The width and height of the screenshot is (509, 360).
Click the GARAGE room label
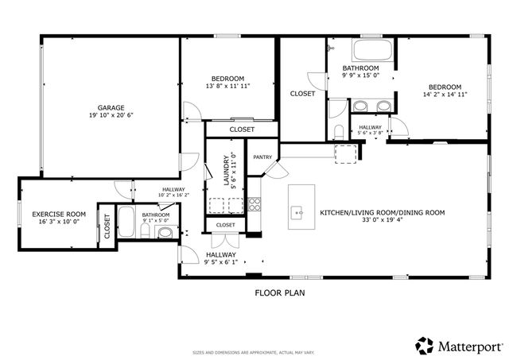(110, 107)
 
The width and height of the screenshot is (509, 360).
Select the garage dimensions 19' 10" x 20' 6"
(110, 116)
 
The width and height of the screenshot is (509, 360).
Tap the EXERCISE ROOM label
(59, 215)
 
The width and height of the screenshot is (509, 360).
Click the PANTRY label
(262, 157)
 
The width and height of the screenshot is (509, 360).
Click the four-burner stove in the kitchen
(254, 203)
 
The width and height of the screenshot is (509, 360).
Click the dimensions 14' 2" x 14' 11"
(445, 94)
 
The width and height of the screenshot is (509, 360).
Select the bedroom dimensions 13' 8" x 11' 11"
(228, 86)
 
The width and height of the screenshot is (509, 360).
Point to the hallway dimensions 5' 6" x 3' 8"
(371, 134)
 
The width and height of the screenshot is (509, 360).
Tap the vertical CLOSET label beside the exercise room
(107, 226)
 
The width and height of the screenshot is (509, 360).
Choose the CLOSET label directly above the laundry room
(242, 130)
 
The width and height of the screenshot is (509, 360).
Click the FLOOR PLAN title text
(279, 292)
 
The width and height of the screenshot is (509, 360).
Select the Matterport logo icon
(425, 346)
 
